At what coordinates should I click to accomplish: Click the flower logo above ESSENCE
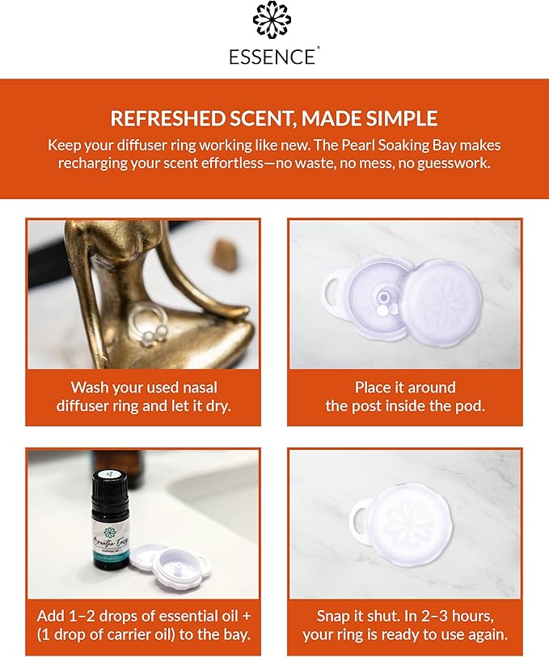274,21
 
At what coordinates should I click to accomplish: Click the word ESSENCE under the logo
274,57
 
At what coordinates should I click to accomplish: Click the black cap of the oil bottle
105,487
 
